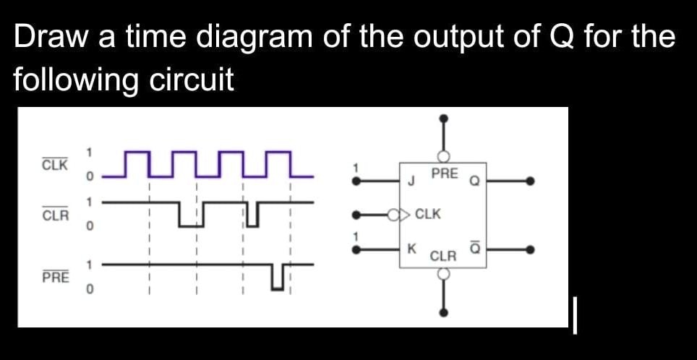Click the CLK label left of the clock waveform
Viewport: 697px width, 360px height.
(x=55, y=165)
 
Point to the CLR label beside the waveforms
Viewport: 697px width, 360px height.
(x=55, y=215)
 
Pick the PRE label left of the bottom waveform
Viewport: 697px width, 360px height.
(x=55, y=277)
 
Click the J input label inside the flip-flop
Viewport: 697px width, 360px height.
(x=411, y=181)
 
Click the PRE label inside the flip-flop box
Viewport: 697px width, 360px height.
(x=444, y=173)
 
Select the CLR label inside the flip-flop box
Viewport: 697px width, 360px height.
(x=443, y=257)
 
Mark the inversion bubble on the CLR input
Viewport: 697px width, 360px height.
(x=444, y=274)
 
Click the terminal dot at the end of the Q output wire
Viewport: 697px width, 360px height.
(x=531, y=181)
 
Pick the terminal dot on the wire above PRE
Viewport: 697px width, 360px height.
(x=444, y=118)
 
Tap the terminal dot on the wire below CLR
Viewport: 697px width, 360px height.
(x=444, y=312)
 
